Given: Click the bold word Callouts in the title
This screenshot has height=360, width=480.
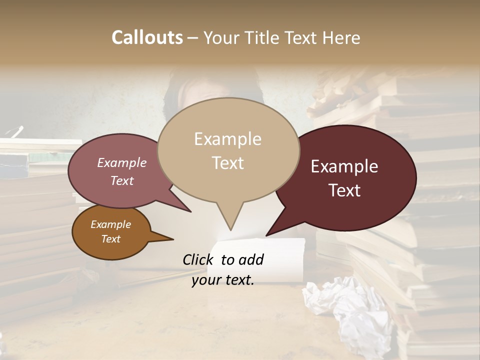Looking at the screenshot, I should click(x=147, y=37).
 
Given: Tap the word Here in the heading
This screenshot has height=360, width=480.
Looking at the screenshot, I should click(x=341, y=37).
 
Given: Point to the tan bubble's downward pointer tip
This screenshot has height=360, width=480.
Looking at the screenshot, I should click(x=230, y=229).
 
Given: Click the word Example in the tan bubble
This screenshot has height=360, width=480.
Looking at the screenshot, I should click(x=227, y=139).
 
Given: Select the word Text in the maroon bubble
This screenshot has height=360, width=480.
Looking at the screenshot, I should click(x=345, y=190).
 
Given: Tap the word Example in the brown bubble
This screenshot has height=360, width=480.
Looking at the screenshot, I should click(x=110, y=224).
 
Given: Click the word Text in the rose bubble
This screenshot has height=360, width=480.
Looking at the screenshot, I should click(x=122, y=181).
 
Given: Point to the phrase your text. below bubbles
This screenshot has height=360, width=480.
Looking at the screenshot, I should click(x=223, y=280).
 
